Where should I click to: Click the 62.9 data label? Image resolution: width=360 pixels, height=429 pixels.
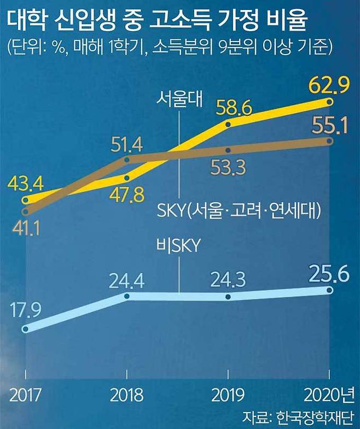[327, 86]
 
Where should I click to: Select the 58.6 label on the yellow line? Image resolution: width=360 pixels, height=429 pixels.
[230, 108]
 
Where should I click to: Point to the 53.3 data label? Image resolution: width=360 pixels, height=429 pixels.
[229, 168]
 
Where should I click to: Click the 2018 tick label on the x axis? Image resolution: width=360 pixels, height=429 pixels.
[127, 395]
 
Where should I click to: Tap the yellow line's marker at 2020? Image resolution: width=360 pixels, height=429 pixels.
[329, 102]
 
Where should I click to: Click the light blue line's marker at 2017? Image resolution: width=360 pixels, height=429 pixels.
[25, 329]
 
